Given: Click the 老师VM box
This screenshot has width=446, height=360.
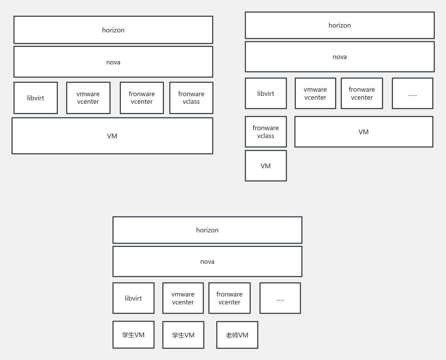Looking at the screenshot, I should pyautogui.click(x=237, y=335).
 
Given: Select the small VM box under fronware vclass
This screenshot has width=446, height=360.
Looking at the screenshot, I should pyautogui.click(x=266, y=166).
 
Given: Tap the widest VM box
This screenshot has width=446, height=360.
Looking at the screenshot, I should pyautogui.click(x=112, y=136).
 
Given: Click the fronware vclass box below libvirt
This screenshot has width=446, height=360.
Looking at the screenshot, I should pyautogui.click(x=266, y=132).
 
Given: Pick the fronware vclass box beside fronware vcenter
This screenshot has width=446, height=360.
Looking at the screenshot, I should pyautogui.click(x=191, y=98).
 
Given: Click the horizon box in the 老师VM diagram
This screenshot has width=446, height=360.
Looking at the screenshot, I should pyautogui.click(x=207, y=230).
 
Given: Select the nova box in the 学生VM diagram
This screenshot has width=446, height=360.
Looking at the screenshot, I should pyautogui.click(x=207, y=262).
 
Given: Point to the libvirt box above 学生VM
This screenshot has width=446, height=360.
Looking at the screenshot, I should pyautogui.click(x=133, y=298).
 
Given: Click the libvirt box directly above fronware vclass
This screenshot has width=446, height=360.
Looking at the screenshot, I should pyautogui.click(x=266, y=93).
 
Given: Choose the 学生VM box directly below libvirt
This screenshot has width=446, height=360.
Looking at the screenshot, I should pyautogui.click(x=133, y=335).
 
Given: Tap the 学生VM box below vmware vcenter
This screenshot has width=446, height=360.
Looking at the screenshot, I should pyautogui.click(x=183, y=335).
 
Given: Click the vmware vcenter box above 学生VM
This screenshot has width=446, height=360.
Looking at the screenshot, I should pyautogui.click(x=183, y=298).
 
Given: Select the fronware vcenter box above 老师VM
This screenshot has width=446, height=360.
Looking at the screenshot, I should pyautogui.click(x=230, y=298).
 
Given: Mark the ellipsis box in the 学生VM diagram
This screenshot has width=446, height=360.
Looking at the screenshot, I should pyautogui.click(x=280, y=298).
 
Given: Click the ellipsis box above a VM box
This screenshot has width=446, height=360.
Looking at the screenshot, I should pyautogui.click(x=412, y=93).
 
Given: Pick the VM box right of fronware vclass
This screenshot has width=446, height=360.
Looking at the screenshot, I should pyautogui.click(x=364, y=132).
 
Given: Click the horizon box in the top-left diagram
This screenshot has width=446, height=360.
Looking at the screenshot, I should pyautogui.click(x=113, y=30).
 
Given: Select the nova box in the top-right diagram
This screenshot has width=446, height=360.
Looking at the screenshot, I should pyautogui.click(x=340, y=57).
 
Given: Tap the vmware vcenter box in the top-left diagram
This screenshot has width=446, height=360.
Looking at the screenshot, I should pyautogui.click(x=88, y=98).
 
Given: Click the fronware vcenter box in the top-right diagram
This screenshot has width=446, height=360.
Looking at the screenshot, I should pyautogui.click(x=362, y=93).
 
